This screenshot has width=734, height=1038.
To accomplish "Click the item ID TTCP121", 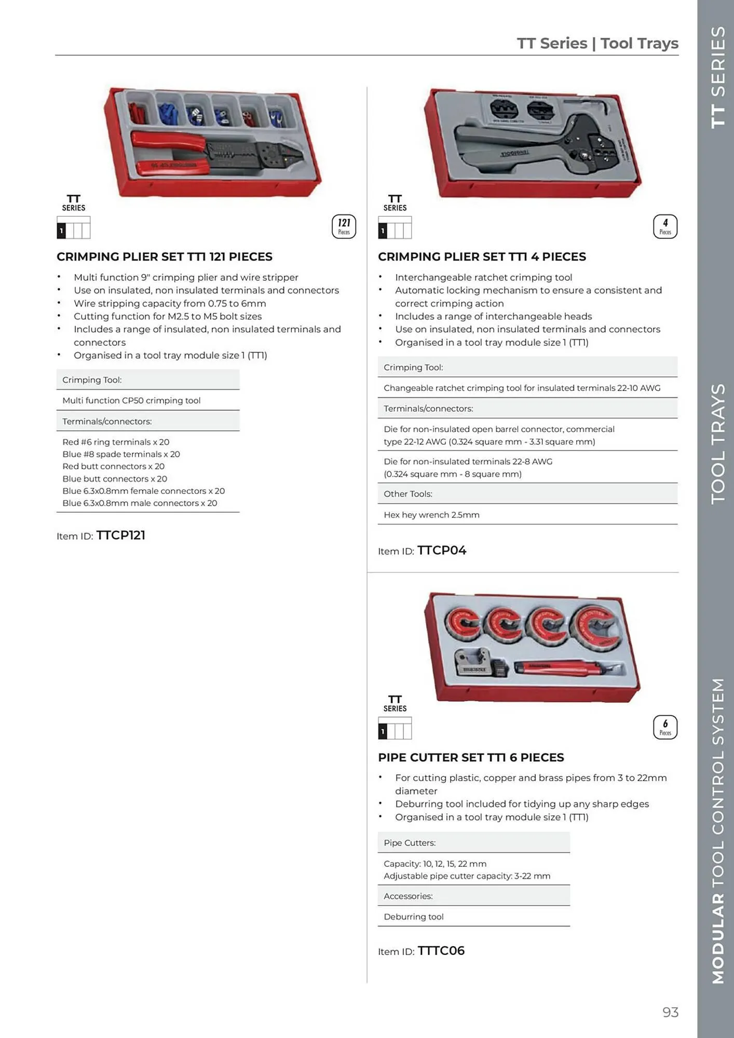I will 120,535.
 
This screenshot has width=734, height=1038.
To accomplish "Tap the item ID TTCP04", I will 442,550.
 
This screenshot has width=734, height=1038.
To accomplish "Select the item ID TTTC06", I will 441,951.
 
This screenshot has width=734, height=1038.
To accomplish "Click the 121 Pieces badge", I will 344,227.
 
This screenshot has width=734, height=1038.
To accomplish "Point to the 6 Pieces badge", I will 665,727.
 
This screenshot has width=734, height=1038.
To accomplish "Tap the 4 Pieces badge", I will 665,227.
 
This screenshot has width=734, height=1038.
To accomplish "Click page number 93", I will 670,1012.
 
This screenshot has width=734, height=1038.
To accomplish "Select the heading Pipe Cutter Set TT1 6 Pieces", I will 471,757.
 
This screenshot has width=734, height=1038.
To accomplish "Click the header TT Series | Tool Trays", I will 597,43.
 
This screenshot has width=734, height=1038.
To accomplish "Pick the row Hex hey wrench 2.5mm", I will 431,515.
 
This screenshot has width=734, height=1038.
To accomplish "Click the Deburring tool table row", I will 414,917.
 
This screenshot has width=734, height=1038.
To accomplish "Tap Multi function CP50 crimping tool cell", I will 131,400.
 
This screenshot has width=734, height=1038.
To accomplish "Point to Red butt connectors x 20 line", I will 113,466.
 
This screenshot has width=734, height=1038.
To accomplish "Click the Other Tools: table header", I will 408,494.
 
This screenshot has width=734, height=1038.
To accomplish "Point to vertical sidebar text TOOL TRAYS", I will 718,444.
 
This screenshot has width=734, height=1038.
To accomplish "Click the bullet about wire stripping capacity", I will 170,303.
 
